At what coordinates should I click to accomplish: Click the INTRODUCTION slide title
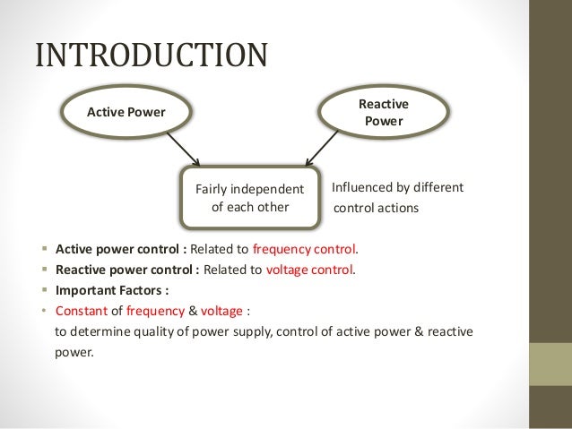tap(151, 55)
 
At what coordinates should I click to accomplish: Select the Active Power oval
tap(126, 112)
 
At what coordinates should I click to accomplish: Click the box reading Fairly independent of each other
tap(249, 197)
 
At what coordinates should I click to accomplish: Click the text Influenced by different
tap(397, 188)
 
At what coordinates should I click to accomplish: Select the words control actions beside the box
tap(376, 209)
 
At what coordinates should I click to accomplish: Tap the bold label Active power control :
tap(121, 249)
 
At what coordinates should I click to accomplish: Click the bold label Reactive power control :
tap(127, 270)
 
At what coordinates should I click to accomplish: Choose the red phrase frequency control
tap(305, 249)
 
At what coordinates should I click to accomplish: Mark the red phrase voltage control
tap(310, 270)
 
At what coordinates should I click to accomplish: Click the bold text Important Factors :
tap(111, 290)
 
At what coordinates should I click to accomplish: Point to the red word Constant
tap(81, 311)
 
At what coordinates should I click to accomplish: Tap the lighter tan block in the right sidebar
tap(551, 365)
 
